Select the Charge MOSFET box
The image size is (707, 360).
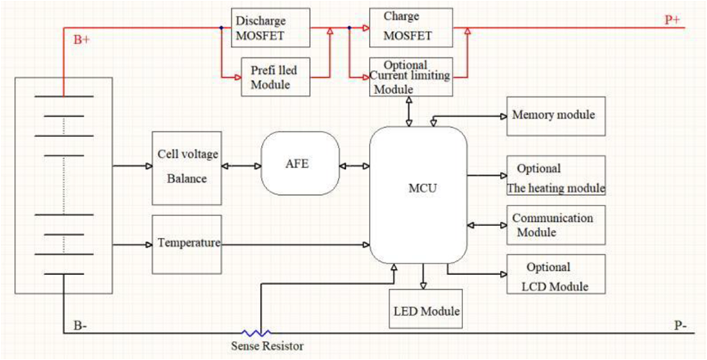(x=411, y=28)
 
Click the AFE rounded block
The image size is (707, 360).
(x=298, y=164)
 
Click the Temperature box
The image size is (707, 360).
(x=187, y=244)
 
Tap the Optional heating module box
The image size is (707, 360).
(x=556, y=176)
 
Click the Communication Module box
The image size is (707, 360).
(x=556, y=225)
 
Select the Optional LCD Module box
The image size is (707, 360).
(x=556, y=275)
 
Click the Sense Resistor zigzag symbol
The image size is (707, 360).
(x=260, y=334)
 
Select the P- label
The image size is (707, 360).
(x=679, y=326)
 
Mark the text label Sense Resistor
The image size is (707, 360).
(x=267, y=347)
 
